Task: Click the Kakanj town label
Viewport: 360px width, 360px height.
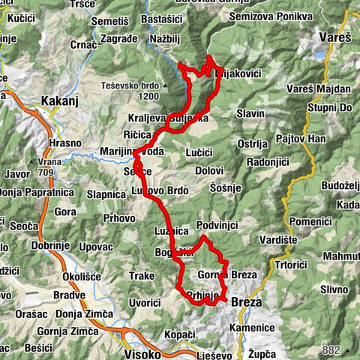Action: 66,100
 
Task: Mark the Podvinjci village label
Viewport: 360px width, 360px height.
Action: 217,226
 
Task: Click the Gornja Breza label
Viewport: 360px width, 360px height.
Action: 226,275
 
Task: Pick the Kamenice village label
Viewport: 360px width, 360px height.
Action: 252,328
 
